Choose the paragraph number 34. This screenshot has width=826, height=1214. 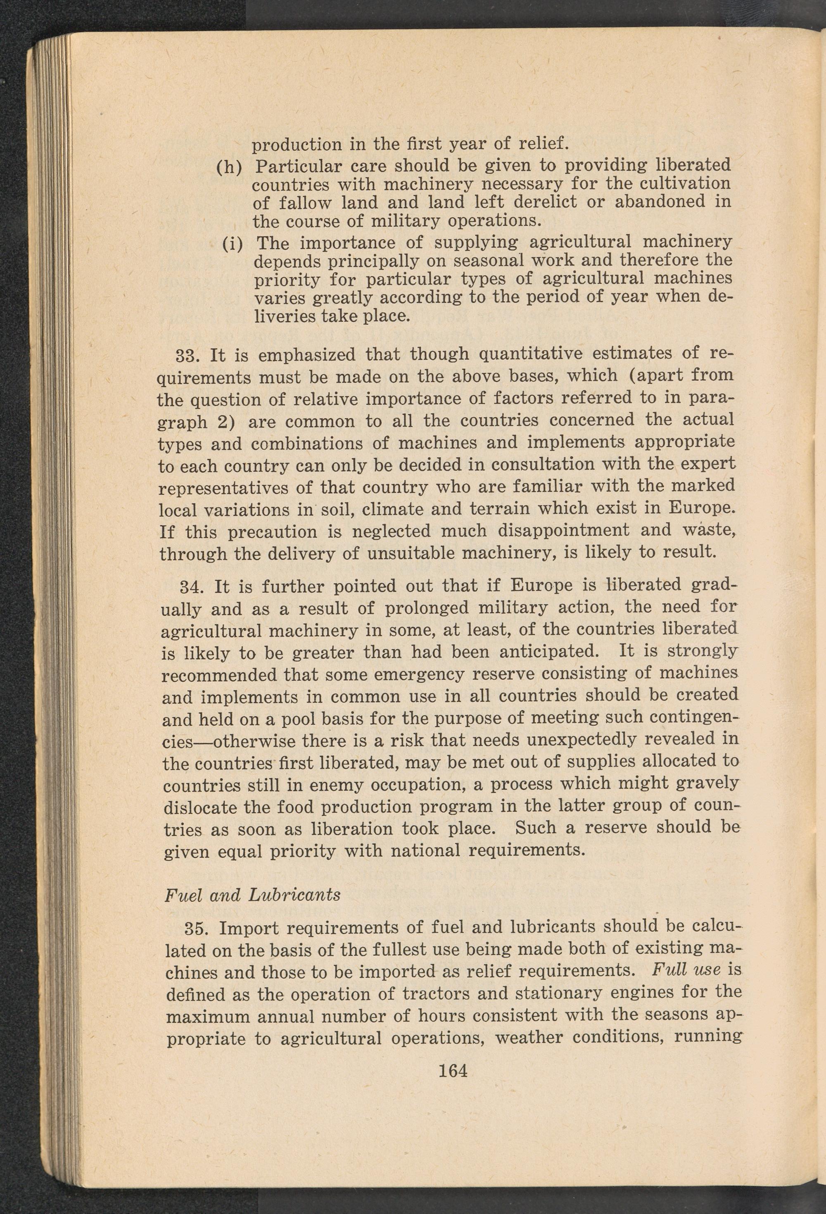pyautogui.click(x=191, y=587)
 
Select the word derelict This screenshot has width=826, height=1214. pyautogui.click(x=542, y=202)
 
